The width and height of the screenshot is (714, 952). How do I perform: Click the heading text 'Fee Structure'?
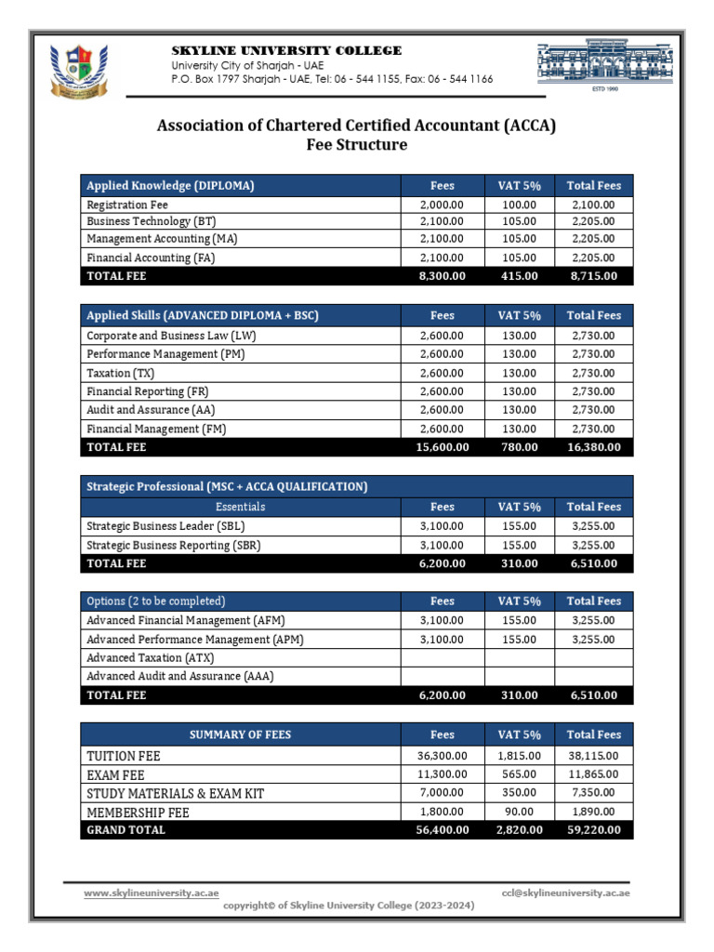pos(356,145)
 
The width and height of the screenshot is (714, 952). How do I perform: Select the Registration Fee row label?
pos(127,205)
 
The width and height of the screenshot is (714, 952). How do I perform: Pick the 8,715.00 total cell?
pos(593,276)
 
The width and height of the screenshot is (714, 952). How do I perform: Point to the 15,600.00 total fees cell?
pos(443,447)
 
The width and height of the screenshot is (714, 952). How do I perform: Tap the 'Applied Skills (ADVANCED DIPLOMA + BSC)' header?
pos(203,315)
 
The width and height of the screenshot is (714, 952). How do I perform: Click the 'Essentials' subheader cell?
pos(240,507)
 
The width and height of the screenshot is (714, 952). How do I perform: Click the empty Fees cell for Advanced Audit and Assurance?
pos(443,677)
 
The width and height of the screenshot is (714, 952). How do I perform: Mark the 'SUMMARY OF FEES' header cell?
pos(240,734)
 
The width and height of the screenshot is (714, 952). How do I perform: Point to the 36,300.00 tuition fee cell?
pos(443,756)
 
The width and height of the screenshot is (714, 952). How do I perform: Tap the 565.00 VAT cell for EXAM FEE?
pos(519,774)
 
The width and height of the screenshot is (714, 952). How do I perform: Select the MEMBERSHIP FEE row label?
pos(138,812)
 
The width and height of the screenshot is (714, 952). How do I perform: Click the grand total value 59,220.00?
pos(593,830)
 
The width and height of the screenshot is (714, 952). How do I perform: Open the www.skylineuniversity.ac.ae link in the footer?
pos(152,892)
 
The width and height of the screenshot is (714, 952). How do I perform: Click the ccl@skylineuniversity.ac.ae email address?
pos(565,892)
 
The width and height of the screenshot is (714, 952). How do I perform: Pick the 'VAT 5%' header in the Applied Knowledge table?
pos(519,185)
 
